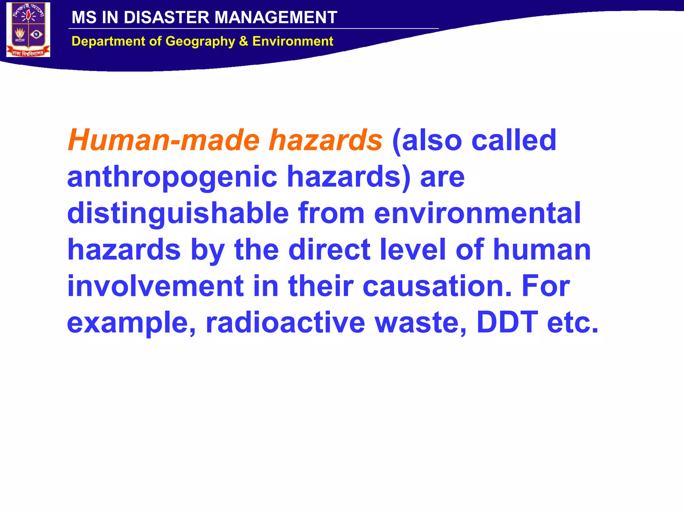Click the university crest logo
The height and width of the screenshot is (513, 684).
click(x=28, y=30)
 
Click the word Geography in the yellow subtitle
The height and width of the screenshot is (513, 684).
click(x=200, y=41)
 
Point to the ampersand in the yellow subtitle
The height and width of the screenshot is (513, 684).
click(x=243, y=41)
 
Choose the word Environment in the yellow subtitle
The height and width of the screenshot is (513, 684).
click(x=293, y=41)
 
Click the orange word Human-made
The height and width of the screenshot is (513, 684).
click(x=164, y=140)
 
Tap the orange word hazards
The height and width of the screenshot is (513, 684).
click(x=326, y=140)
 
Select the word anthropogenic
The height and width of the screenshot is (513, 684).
click(x=172, y=177)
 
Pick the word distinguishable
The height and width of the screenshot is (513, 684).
click(x=178, y=214)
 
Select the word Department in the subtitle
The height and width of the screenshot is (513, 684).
click(x=109, y=41)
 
